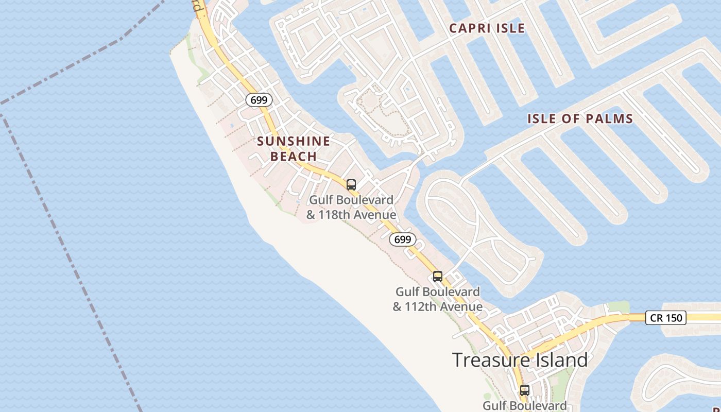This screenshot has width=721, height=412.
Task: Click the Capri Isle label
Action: click(487, 28)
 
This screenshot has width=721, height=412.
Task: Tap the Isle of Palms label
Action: click(580, 119)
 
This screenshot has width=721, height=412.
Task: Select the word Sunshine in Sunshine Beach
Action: click(294, 141)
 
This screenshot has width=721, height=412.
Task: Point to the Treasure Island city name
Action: click(520, 360)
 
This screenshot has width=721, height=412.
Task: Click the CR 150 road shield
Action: click(666, 318)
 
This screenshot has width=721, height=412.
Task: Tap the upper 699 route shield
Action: click(259, 100)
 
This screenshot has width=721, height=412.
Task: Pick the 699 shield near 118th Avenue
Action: click(402, 239)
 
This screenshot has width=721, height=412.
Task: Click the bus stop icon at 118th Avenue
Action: click(351, 185)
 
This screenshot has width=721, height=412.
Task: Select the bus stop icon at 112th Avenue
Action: click(438, 277)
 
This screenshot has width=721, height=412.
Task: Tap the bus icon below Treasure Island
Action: click(525, 390)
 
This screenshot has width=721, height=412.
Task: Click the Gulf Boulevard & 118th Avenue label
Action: click(351, 207)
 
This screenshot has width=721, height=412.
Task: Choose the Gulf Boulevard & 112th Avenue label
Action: click(438, 299)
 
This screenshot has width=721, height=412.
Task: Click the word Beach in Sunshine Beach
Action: click(294, 157)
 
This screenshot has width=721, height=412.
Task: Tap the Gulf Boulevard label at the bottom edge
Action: click(524, 406)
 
